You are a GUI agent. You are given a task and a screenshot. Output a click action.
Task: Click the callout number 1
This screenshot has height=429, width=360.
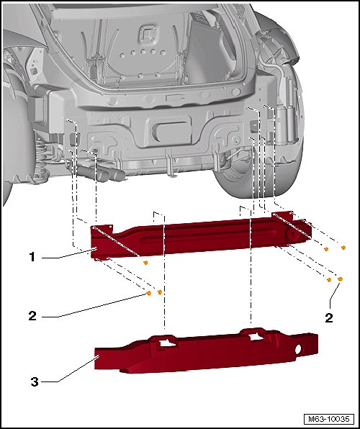click(32, 257)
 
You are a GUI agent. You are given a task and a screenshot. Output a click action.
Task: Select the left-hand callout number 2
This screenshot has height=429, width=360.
click(32, 316)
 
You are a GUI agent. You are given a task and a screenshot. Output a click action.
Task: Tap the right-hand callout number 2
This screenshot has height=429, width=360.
click(329, 318)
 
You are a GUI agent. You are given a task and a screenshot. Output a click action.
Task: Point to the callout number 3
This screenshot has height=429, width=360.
click(35, 382)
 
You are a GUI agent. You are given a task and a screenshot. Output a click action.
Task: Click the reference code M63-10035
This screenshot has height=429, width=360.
click(329, 419)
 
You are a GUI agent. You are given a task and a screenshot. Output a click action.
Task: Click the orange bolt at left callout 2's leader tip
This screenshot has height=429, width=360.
click(149, 293)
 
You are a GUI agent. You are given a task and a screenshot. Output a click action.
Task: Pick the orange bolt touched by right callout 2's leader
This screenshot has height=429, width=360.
click(341, 279)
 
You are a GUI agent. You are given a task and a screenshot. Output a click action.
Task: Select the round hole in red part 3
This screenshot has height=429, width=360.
click(298, 348)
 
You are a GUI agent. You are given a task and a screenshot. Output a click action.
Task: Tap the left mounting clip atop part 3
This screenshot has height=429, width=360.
click(163, 341)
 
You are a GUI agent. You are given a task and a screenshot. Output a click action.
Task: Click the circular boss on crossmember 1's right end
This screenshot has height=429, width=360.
click(292, 234)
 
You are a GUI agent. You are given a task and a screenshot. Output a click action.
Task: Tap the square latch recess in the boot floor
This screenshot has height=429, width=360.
click(148, 34)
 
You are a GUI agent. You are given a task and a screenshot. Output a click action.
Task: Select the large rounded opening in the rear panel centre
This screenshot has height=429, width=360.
click(171, 131)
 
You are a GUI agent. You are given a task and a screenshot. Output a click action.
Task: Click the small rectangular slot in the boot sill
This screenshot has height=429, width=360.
click(173, 97)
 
